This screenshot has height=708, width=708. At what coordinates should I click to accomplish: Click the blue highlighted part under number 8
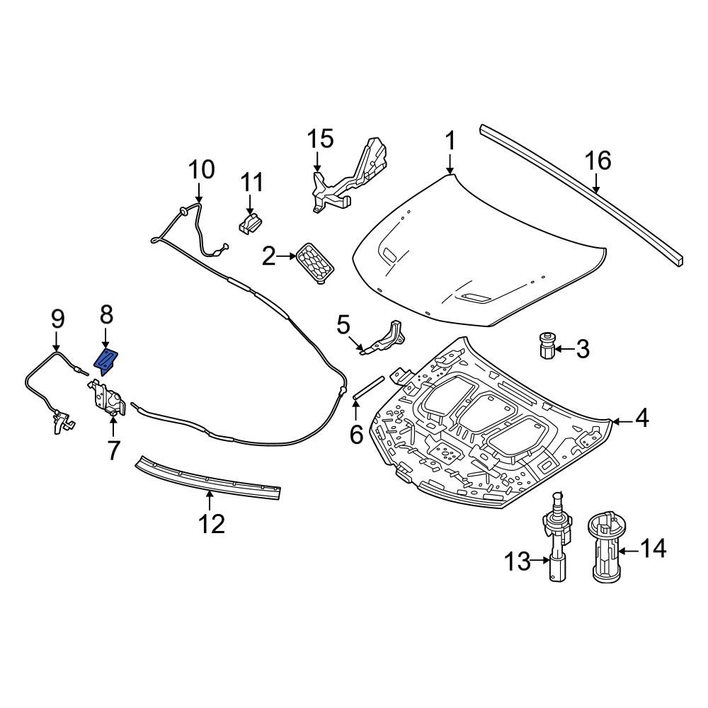(x=106, y=361)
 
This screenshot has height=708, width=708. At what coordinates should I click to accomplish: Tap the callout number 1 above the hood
(x=450, y=141)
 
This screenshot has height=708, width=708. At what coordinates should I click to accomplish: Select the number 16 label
(x=598, y=161)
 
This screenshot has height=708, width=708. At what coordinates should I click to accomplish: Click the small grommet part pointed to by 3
(x=545, y=346)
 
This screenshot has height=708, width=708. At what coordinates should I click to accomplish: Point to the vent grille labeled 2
(x=316, y=263)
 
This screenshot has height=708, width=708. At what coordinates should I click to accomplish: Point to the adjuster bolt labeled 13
(x=556, y=538)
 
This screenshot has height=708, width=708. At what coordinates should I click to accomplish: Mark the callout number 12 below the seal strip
(x=211, y=523)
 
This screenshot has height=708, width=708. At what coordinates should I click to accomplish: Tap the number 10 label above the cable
(x=200, y=170)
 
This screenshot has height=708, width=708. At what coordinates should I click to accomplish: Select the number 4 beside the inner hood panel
(x=641, y=420)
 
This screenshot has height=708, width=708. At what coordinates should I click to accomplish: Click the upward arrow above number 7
(x=113, y=426)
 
